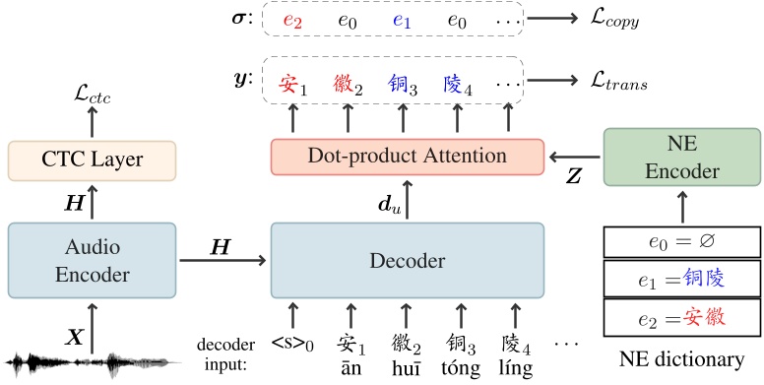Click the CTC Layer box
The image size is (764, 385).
coord(93,161)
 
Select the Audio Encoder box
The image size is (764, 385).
coord(93,260)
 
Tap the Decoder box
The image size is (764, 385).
coord(407,261)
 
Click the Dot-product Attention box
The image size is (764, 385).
coord(407,156)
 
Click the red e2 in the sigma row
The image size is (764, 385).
coord(291,20)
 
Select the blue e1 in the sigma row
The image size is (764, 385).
coord(401,20)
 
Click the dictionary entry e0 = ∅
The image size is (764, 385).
coord(680,242)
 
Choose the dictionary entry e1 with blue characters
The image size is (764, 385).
coord(680,279)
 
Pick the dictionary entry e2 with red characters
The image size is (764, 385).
coord(680,316)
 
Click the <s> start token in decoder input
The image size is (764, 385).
coord(291,345)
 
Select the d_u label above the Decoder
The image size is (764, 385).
coord(389,204)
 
